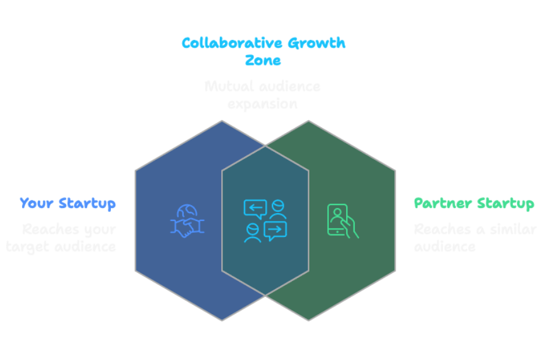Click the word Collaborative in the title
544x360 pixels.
point(222,43)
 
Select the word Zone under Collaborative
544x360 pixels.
point(263,61)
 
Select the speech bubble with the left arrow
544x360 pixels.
point(255,208)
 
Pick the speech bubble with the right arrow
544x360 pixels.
point(275,230)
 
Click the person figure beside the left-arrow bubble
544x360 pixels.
point(279,209)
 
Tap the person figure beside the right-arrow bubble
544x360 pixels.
point(252,233)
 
